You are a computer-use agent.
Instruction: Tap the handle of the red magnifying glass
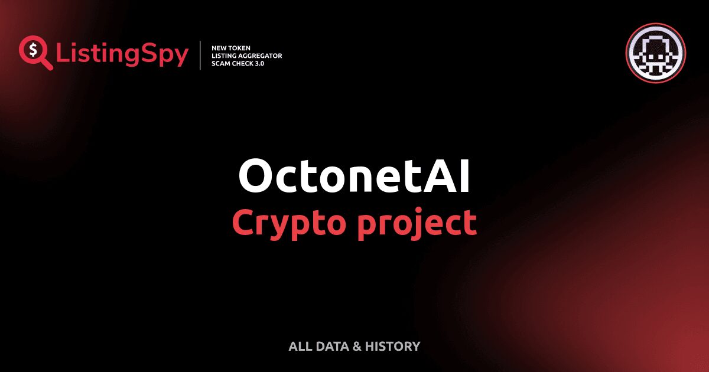point(47,64)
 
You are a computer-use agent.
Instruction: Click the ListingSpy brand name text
point(122,55)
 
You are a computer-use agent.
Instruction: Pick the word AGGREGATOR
point(260,56)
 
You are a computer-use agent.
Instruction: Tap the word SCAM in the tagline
point(222,63)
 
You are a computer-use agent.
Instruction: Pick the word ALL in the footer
point(298,347)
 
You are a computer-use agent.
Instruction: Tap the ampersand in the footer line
point(356,347)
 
